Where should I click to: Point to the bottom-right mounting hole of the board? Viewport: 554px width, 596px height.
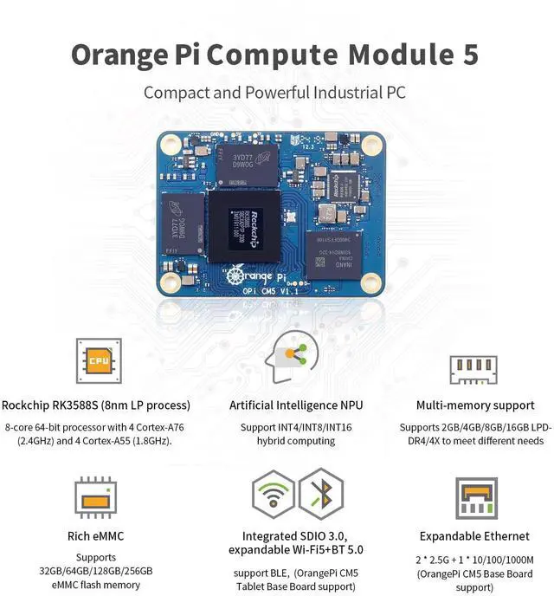point(372,282)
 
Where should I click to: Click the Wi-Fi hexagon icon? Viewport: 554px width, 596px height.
point(273,494)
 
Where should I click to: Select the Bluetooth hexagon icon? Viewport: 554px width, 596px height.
point(320,494)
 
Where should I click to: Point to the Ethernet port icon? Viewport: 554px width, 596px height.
point(474,497)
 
